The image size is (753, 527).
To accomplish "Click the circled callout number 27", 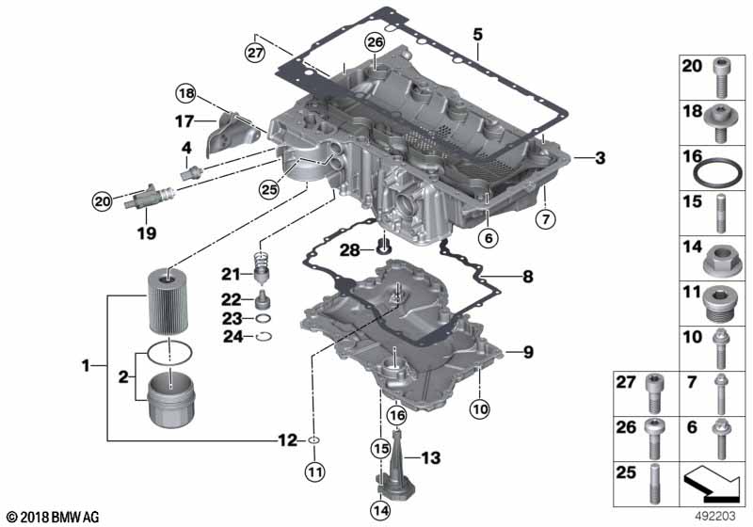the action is coord(255,52).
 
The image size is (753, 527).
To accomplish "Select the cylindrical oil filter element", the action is coord(168,301).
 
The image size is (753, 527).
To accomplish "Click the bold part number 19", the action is coord(147,233).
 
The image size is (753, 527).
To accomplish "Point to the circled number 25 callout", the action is coord(269,189).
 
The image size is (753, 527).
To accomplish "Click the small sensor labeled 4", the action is coord(192,171).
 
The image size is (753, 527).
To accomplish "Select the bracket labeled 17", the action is coord(231,134).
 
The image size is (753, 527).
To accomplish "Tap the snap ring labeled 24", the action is coord(264,337).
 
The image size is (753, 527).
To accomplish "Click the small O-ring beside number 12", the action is coord(313,440).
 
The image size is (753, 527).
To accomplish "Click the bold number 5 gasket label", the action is coord(477,35).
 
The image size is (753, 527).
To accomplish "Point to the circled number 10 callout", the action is coord(480,409).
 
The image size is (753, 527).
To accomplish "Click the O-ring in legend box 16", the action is coord(717,174).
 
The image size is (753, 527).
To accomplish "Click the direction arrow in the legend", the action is coord(711,484).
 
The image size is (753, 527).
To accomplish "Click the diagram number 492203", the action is coord(715,516).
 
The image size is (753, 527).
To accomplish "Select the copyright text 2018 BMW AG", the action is coord(54,517).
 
